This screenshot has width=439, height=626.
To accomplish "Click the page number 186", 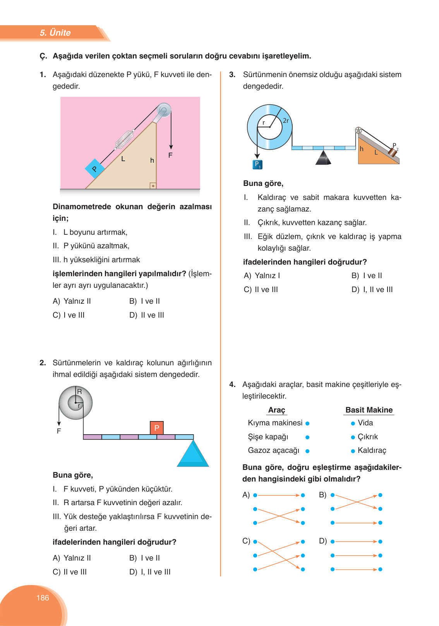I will point(43,598).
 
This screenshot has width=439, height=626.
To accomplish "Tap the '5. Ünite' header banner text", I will point(55,33).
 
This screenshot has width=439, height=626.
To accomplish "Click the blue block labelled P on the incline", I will point(95,169).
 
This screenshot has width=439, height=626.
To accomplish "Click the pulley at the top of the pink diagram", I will point(164,110).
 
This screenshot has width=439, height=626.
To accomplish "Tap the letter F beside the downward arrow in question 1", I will point(170,155).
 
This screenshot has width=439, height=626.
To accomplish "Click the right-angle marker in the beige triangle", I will point(153,186).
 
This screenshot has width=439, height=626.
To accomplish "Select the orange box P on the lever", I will point(157,428).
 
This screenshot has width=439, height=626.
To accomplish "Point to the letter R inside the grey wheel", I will point(79,392).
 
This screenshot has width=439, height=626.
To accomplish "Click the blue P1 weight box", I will point(257,165).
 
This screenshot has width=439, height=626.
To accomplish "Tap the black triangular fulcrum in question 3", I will point(323,158).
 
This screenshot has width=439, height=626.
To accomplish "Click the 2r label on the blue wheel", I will point(286,120).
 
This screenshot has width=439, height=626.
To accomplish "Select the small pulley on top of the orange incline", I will point(358,130).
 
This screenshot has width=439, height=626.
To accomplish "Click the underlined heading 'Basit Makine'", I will point(369,410).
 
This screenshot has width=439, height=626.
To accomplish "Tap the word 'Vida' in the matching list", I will point(365,423).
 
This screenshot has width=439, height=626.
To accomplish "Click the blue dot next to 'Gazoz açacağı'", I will point(307,451).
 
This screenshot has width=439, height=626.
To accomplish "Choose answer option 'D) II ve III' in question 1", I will point(147,315).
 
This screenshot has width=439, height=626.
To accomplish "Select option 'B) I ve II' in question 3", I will point(367,275).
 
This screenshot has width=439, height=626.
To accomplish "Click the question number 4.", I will point(232,384).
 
